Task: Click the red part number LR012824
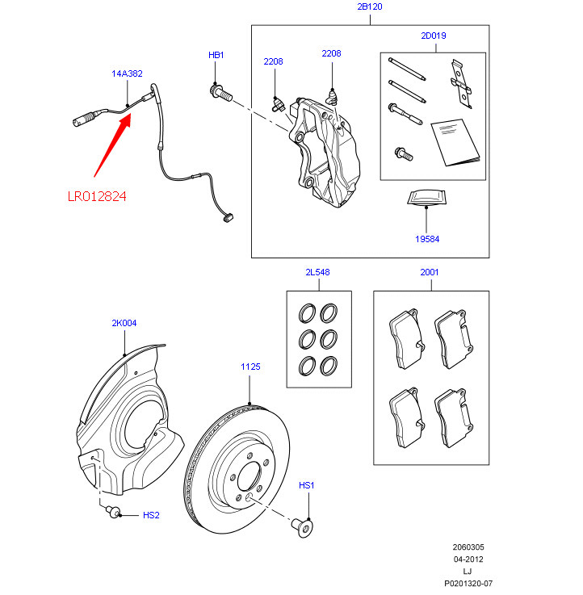97,195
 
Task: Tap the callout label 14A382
127,73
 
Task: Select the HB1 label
216,55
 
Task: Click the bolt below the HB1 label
220,94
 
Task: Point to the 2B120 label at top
369,6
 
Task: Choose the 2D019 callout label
433,36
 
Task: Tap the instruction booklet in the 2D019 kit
455,141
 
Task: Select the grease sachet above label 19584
426,198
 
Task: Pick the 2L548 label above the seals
317,273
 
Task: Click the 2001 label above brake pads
430,273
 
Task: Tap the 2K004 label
124,323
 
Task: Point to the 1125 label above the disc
250,367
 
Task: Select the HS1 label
306,485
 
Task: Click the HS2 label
151,514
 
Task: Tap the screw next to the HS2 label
114,509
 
